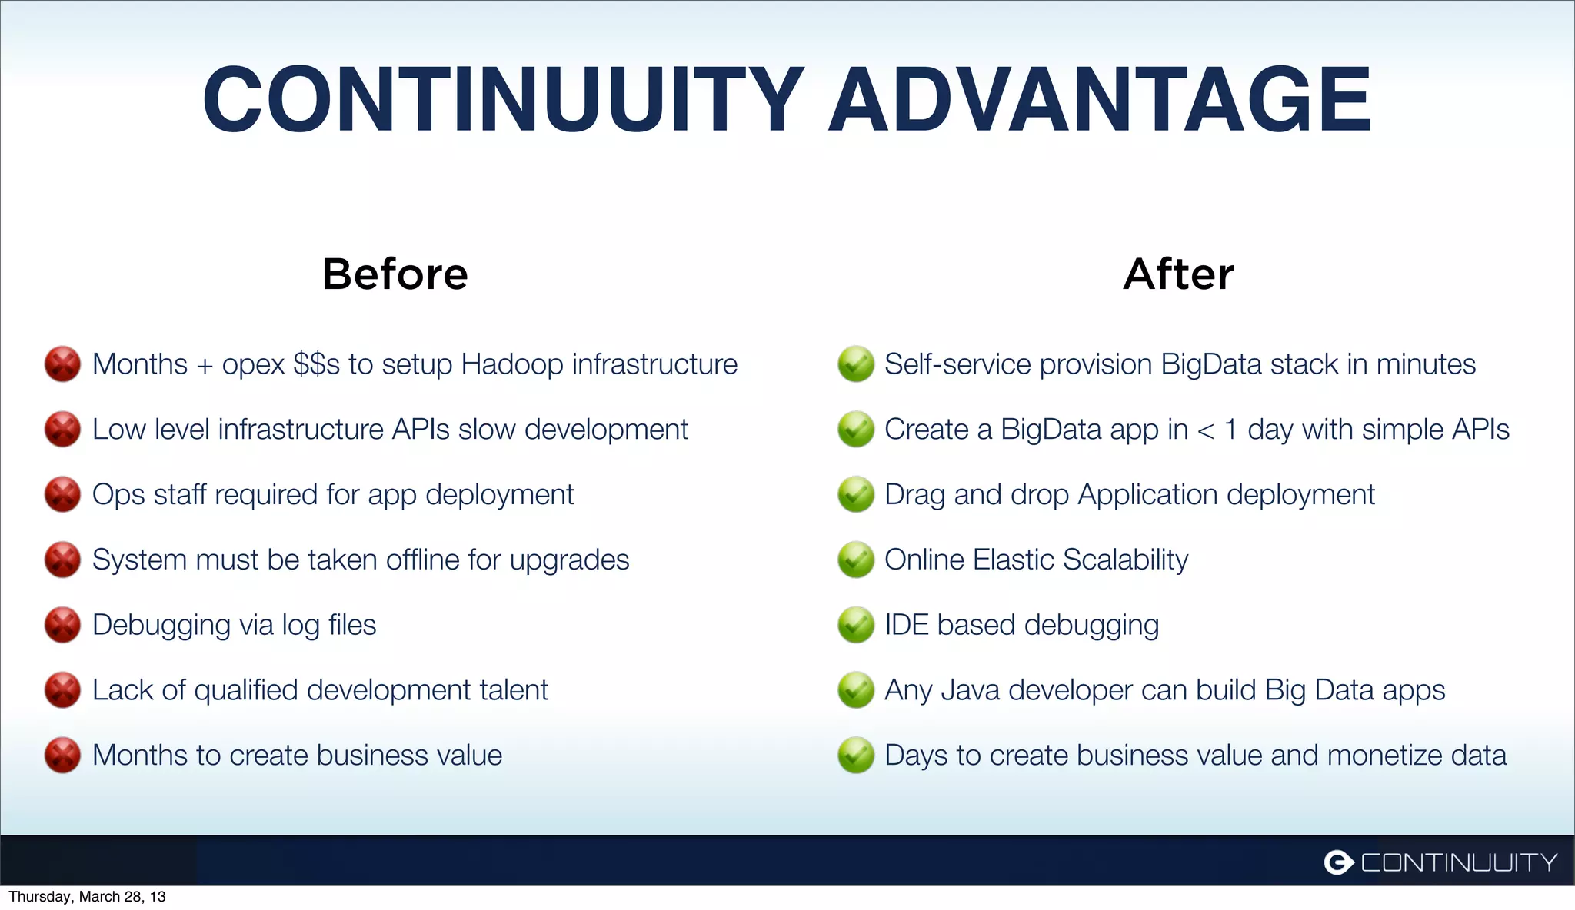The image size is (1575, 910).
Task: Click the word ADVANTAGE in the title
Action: coord(1100,100)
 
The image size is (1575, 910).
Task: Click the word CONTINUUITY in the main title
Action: coord(504,100)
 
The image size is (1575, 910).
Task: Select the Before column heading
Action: coord(395,274)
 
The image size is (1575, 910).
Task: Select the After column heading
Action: coord(1178,274)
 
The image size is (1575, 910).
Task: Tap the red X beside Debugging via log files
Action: coord(62,625)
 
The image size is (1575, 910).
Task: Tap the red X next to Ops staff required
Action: coord(62,494)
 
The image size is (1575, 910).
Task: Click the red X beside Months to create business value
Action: coord(62,756)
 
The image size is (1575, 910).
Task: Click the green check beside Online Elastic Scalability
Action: coord(855,560)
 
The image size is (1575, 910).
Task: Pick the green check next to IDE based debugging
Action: coord(855,625)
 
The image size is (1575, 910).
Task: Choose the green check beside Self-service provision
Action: coord(855,364)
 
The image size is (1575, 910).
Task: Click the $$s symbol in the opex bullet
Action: coord(316,364)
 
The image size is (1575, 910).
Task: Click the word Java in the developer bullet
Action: coord(970,690)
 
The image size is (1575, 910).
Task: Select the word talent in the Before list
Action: coord(514,690)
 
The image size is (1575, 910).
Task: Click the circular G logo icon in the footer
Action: coord(1338,862)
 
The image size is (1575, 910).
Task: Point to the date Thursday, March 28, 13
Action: coord(87,897)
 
